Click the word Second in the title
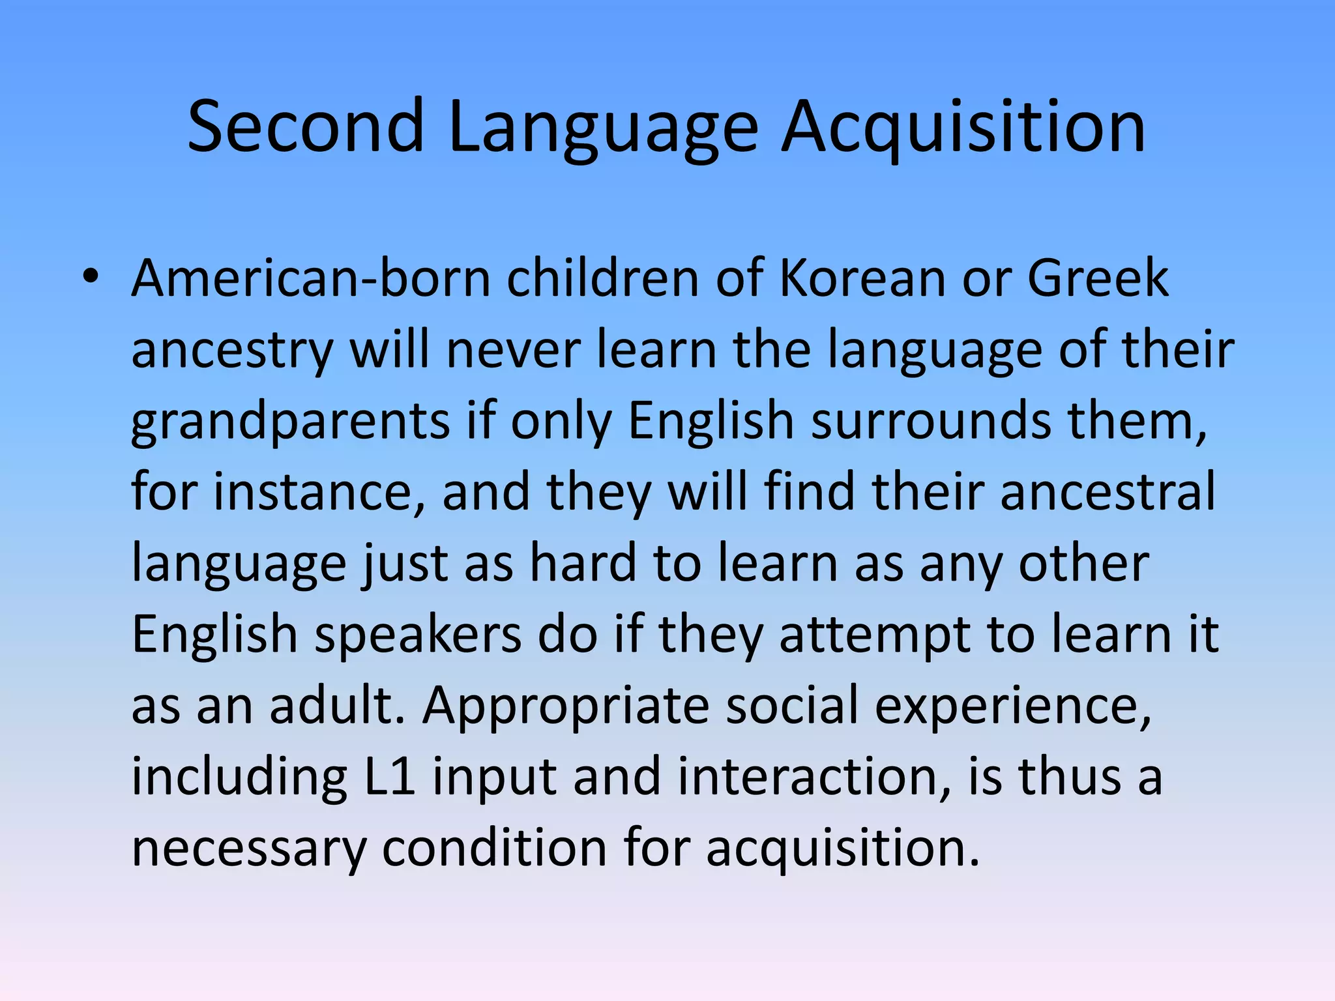306,126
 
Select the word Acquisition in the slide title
963,126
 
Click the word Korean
862,278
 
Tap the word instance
319,492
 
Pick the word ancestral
1108,492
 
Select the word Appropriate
565,706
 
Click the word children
603,278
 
